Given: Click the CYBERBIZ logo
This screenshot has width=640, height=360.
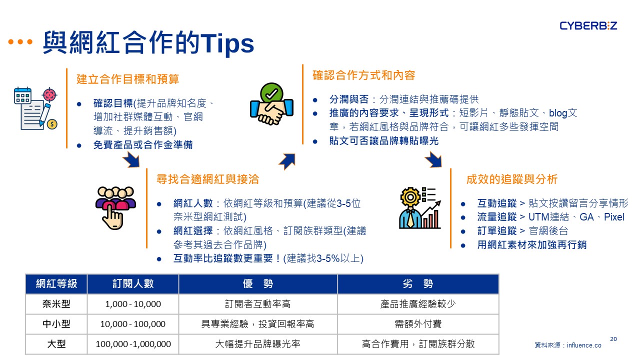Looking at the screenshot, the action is click(x=588, y=26).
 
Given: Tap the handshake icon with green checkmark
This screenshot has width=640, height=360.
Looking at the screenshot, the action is click(x=271, y=104).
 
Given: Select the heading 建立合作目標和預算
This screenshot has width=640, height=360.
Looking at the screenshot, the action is click(x=127, y=79).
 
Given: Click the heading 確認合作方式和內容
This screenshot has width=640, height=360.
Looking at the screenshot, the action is click(x=363, y=75).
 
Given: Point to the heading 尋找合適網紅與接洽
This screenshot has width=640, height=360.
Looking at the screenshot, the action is click(x=207, y=179).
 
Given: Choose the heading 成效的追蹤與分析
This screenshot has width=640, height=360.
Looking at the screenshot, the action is click(x=511, y=179).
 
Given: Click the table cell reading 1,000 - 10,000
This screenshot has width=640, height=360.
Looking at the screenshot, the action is click(x=133, y=304).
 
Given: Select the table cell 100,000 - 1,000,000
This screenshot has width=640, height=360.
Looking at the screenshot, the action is click(x=133, y=344).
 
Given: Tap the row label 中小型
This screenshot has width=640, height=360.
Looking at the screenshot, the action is click(x=56, y=324).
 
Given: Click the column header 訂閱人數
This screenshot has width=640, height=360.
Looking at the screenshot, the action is click(x=133, y=283).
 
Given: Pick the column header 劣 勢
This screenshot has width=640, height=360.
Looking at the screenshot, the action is click(x=418, y=283).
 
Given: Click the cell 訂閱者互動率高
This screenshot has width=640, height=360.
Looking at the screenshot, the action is click(x=257, y=304).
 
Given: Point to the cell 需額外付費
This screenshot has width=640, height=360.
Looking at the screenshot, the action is click(x=418, y=324).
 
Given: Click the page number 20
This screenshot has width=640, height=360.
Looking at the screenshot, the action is click(x=613, y=339).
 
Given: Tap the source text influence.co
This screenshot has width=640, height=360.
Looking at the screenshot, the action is click(x=584, y=345).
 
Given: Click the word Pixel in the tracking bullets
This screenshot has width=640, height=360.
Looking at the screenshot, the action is click(x=614, y=217).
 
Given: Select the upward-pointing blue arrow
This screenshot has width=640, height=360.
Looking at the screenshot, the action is click(x=287, y=161).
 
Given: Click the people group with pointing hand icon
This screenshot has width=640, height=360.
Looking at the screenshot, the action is click(x=115, y=208).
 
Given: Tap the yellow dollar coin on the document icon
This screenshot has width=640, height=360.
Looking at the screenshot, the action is click(x=52, y=124).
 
